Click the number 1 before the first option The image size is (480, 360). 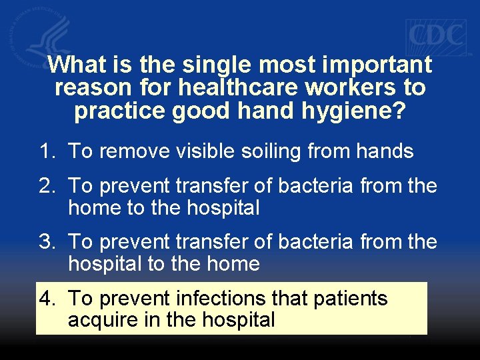tap(46, 151)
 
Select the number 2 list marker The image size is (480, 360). tap(46, 185)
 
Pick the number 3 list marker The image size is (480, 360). tap(46, 241)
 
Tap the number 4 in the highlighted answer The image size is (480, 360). tap(46, 297)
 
